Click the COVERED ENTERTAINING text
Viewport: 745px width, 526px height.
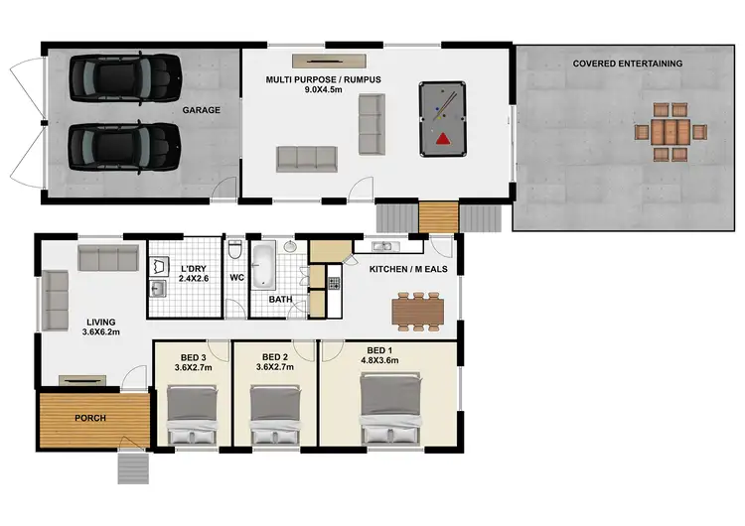[627, 64]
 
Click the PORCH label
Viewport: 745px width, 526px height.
[90, 417]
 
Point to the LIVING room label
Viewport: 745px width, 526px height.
[100, 322]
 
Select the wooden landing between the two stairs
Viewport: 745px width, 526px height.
[437, 215]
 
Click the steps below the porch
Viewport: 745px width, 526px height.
[134, 466]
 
